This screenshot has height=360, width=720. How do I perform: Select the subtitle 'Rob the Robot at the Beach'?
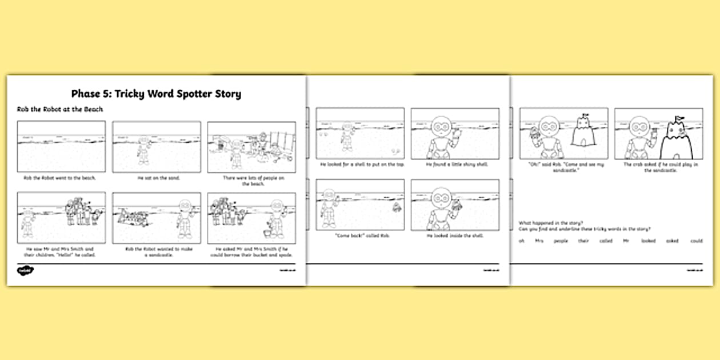tap(60, 109)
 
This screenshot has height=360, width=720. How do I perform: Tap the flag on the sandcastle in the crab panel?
tap(679, 118)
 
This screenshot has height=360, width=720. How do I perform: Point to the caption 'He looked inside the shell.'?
tap(455, 235)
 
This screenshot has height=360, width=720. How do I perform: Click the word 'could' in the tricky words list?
tap(696, 241)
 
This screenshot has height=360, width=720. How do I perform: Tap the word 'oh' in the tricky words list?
tap(521, 241)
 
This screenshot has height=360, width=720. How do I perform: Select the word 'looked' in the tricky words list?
tap(647, 241)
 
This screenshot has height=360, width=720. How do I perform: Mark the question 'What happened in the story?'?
tap(549, 222)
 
